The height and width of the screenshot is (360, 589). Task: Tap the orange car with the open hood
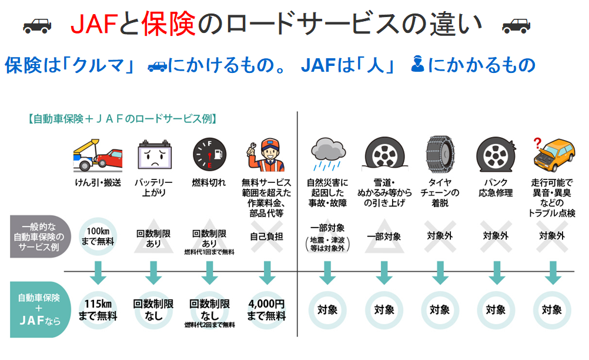(x=553, y=156)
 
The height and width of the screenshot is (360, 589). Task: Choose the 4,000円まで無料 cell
(x=267, y=310)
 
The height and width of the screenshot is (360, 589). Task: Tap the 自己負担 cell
(x=267, y=236)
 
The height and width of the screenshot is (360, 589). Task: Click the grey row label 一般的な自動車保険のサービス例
(x=36, y=236)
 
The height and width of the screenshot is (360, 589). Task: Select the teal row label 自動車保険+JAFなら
(x=36, y=310)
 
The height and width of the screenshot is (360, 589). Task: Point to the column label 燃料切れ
(x=209, y=182)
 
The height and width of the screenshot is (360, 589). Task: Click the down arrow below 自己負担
(x=267, y=272)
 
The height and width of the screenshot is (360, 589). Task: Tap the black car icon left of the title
(x=37, y=25)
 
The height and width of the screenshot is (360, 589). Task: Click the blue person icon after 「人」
(x=418, y=64)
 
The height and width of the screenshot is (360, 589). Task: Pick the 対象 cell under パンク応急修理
(x=496, y=310)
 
